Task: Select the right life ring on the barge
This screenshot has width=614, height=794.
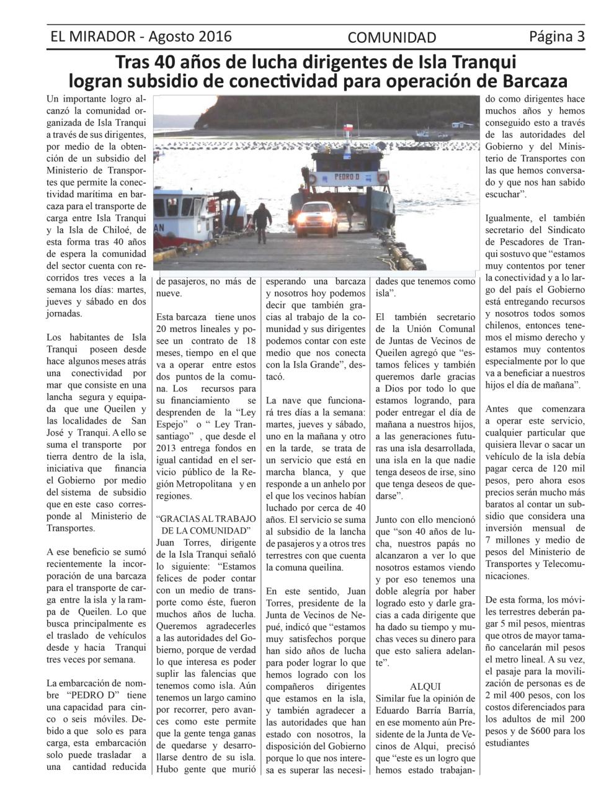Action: point(383,177)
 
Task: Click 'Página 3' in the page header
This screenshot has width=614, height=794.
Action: point(557,36)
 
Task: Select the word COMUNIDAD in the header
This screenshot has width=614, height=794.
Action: point(392,38)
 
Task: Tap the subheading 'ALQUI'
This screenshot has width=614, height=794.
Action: point(425,686)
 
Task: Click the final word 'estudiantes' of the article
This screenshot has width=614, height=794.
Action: point(507,743)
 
